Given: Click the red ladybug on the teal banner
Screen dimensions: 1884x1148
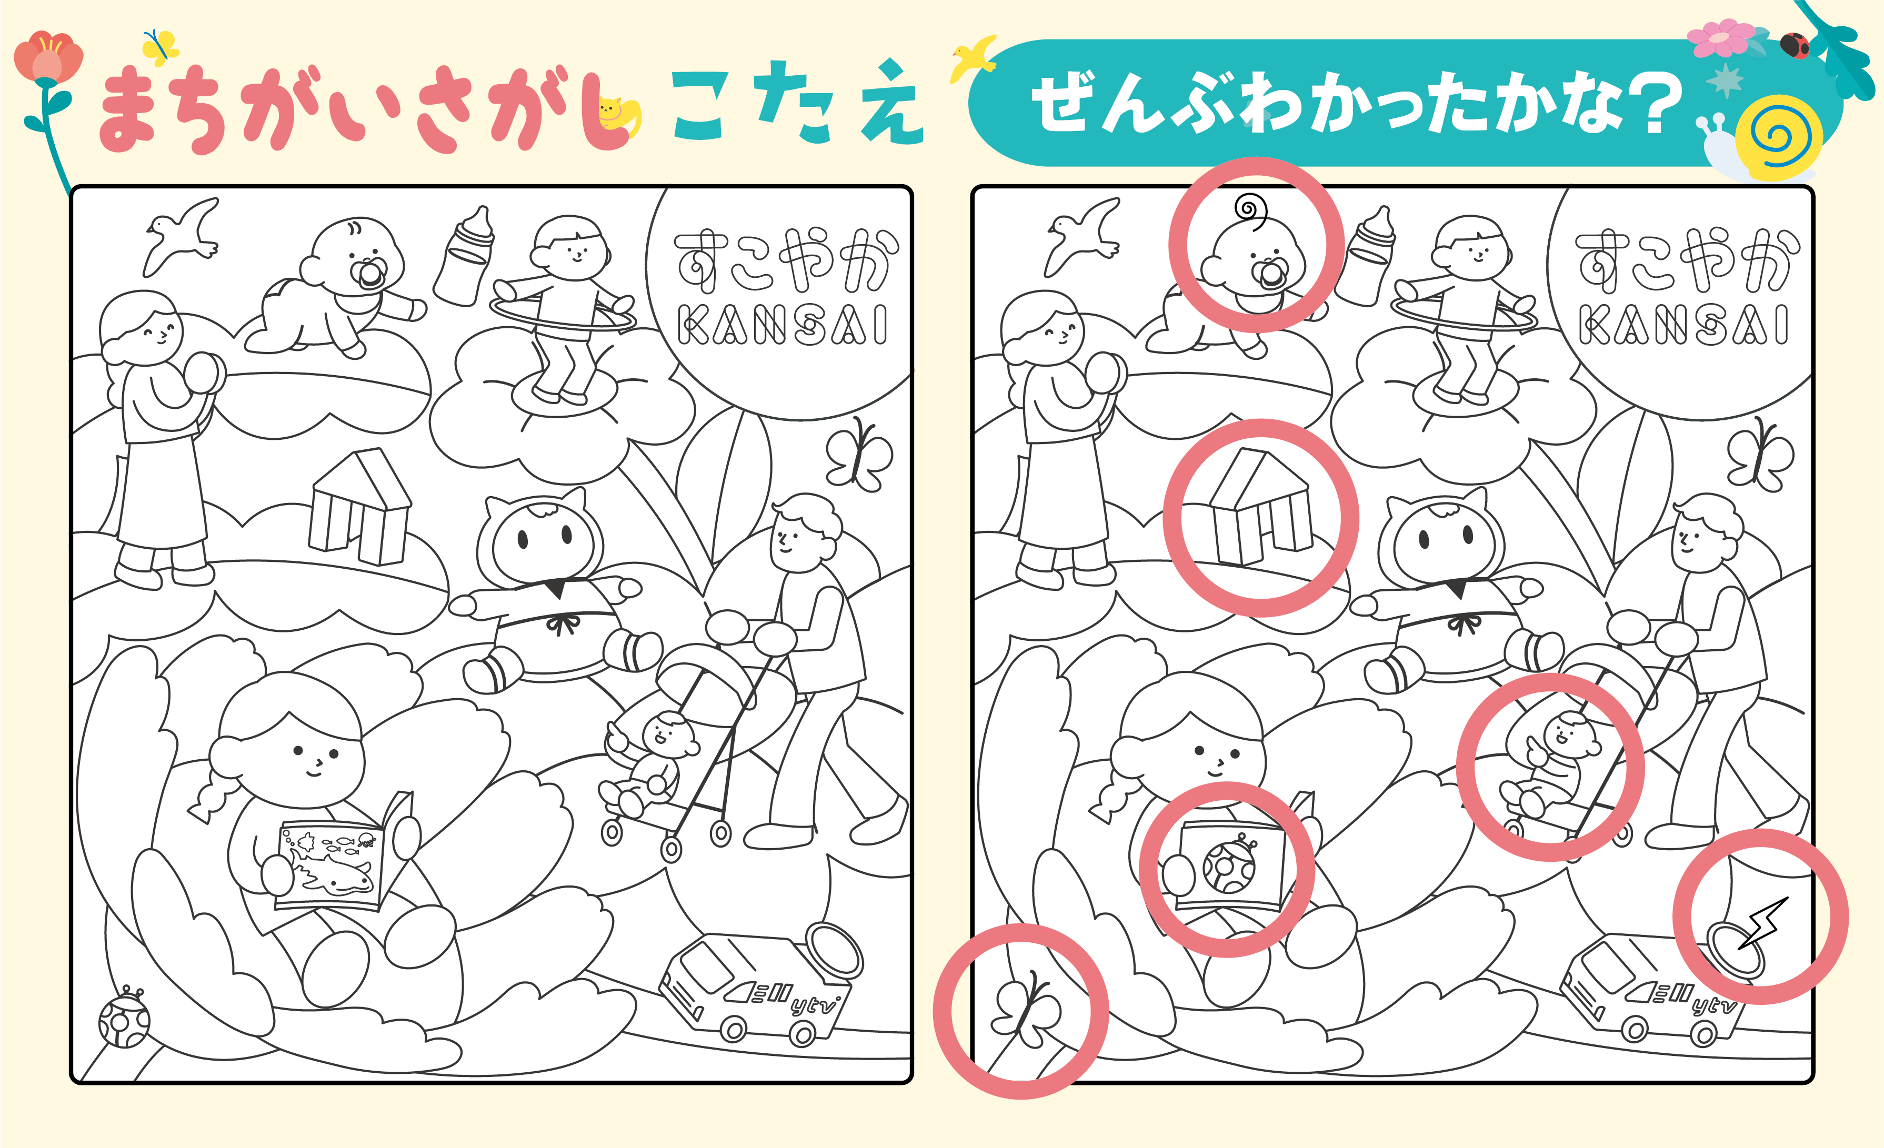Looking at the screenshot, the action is click(x=1794, y=46).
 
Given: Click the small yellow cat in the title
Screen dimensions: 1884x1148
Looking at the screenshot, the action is click(x=618, y=118).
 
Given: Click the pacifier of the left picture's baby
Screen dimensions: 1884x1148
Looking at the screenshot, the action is click(x=370, y=275).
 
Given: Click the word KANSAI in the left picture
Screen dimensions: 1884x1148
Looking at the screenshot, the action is click(x=781, y=325).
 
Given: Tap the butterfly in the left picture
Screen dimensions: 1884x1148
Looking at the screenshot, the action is click(x=858, y=454).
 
